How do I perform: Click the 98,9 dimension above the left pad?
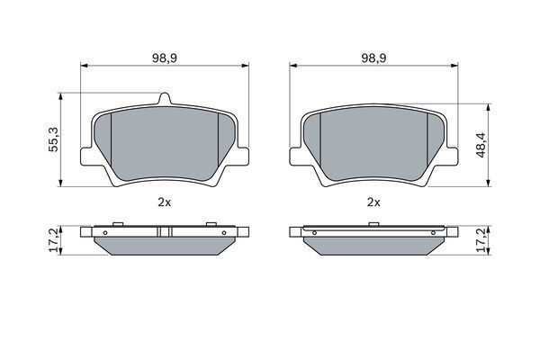coord(165,58)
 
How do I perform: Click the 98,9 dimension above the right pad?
coord(373,58)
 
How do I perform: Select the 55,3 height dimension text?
coord(54,139)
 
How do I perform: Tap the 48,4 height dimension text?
coord(481,145)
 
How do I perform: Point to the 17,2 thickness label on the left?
coord(54,239)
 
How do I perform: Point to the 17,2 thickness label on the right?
coord(481,239)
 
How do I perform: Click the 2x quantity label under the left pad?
coord(165,202)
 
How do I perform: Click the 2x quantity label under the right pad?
coord(373,202)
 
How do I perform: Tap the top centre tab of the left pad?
coord(165,98)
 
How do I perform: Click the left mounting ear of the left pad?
coord(86,157)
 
